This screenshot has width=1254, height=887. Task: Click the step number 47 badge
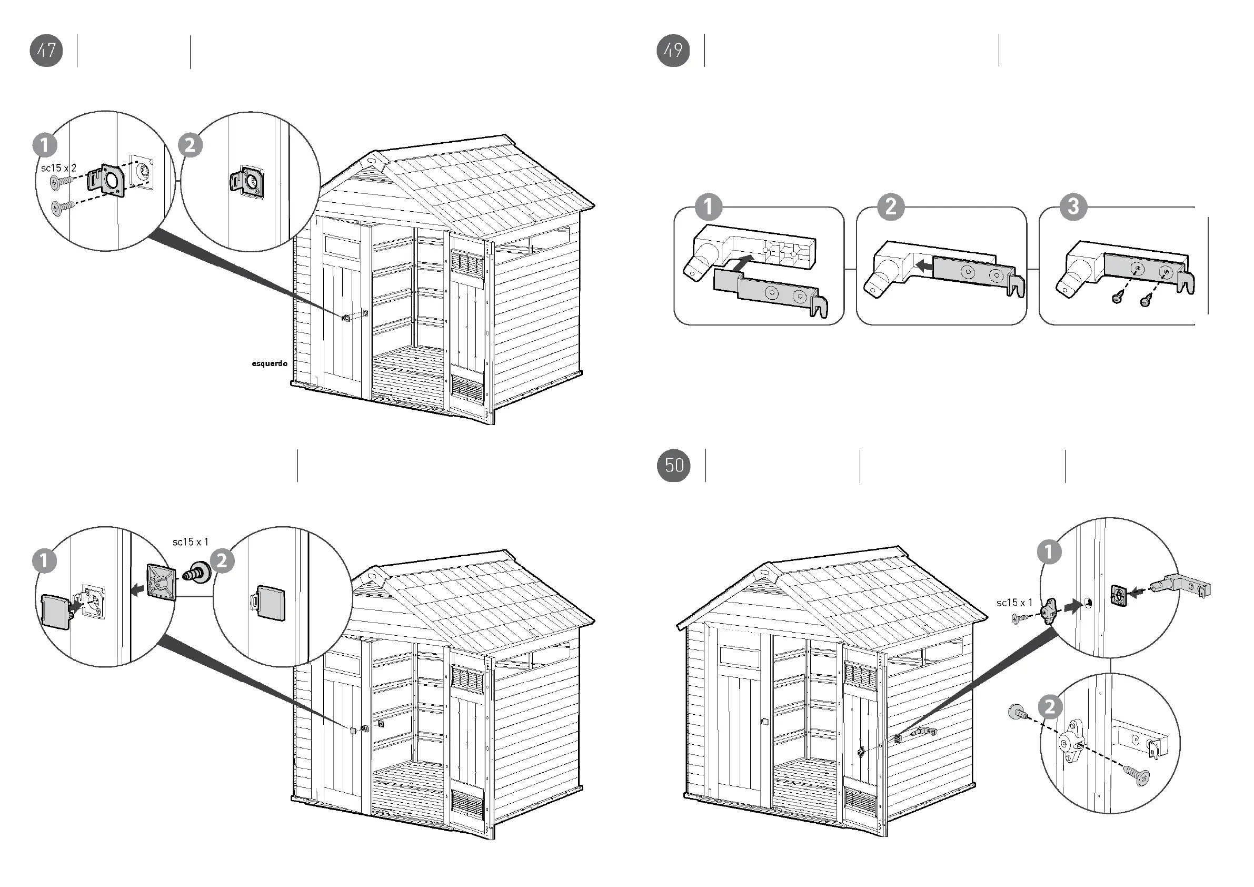click(46, 50)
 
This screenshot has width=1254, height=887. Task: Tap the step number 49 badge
click(673, 50)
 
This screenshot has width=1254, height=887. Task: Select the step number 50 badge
click(673, 466)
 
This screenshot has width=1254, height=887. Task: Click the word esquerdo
click(269, 363)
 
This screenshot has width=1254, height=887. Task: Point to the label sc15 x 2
click(58, 168)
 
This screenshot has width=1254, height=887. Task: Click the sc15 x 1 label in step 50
click(1014, 603)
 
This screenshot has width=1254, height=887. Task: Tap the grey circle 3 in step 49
click(1073, 207)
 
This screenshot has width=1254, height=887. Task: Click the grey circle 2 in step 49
click(891, 207)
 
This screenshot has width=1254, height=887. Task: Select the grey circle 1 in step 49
click(709, 207)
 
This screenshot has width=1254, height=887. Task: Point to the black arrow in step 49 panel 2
click(923, 266)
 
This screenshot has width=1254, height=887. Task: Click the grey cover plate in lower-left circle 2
click(271, 603)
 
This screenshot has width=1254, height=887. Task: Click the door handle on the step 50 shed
click(764, 722)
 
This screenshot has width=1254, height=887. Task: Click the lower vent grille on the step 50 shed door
click(860, 800)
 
